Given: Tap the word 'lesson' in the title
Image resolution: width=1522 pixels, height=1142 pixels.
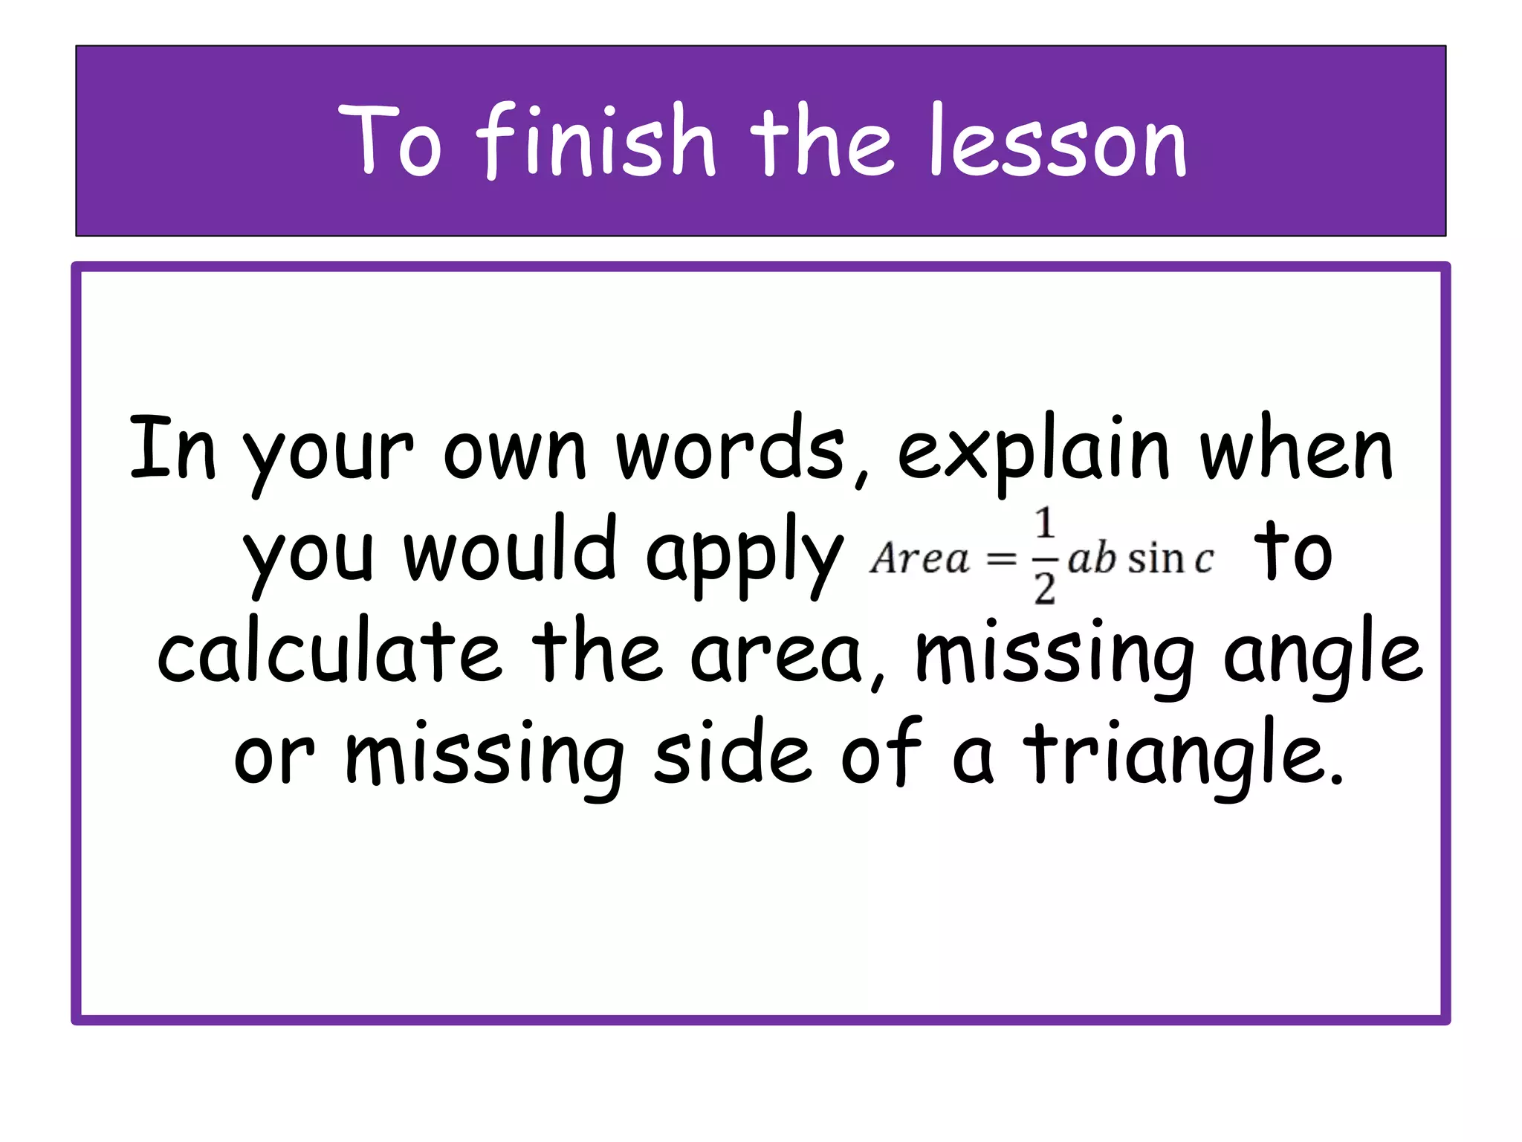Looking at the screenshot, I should point(1058,141).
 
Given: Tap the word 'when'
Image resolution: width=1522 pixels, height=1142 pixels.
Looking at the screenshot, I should point(1296,451).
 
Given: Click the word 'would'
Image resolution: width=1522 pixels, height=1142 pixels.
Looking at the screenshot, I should point(510,550).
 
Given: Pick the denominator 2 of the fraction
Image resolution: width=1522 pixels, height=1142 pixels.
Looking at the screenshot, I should point(1045,590).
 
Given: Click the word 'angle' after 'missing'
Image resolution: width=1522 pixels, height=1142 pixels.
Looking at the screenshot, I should point(1322,654).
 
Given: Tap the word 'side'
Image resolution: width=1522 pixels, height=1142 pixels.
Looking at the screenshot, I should point(732,754).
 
